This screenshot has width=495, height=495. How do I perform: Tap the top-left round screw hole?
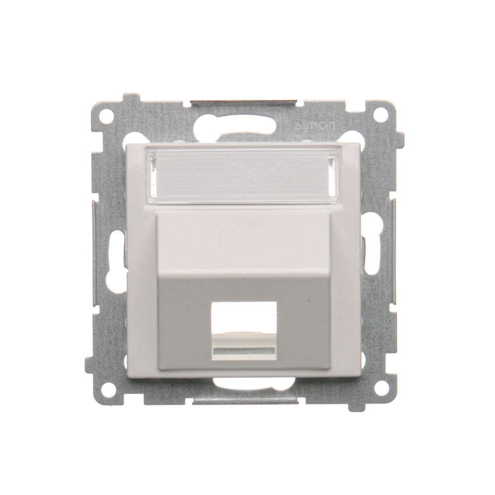(x=108, y=112)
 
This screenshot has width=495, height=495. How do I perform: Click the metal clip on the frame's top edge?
(x=243, y=103)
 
